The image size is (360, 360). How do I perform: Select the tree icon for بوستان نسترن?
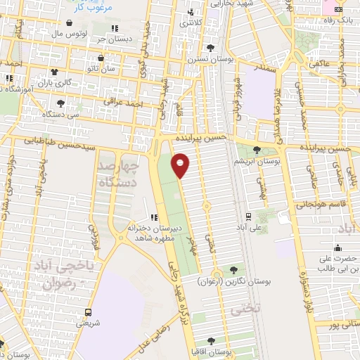pos(210,48)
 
